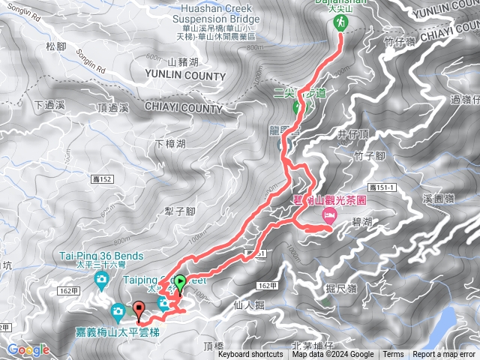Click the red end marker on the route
(139, 308)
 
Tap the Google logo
(28, 350)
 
